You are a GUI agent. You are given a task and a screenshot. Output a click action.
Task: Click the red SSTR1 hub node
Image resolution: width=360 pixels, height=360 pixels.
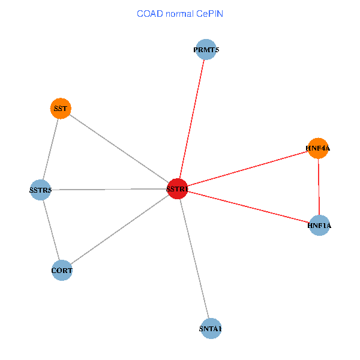click(x=177, y=189)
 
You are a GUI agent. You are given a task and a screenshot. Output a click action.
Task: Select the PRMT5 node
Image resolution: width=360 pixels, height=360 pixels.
click(x=206, y=50)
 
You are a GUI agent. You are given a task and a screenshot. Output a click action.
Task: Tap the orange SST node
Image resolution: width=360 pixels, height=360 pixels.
click(x=61, y=109)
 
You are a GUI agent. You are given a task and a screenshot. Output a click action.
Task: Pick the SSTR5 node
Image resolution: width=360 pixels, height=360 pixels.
click(x=40, y=190)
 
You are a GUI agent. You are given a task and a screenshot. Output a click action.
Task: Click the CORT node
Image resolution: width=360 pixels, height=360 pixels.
click(x=62, y=271)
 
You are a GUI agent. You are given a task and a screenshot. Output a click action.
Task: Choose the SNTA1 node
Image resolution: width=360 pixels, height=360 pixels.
click(x=211, y=328)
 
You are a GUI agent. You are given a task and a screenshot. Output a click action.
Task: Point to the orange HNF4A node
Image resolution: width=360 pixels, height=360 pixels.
click(x=318, y=148)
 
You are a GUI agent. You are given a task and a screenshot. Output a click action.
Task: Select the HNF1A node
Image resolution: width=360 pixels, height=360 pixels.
click(x=319, y=226)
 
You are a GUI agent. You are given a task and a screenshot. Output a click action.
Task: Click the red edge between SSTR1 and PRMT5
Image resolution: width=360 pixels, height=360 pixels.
click(x=191, y=119)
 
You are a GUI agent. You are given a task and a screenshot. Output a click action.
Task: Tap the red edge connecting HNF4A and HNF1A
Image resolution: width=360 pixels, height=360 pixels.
click(x=319, y=187)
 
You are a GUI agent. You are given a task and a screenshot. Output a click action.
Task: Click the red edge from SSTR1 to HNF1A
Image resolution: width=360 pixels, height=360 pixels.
click(x=248, y=207)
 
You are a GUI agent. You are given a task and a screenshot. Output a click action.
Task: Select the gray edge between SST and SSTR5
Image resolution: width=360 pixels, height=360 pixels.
click(x=50, y=149)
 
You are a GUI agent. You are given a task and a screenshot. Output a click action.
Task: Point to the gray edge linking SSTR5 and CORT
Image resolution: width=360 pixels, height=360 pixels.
click(x=51, y=230)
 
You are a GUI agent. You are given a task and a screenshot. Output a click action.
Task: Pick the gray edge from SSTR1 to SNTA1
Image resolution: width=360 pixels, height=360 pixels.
click(x=194, y=259)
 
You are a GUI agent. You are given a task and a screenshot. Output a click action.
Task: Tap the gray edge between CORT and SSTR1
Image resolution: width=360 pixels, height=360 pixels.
click(x=119, y=230)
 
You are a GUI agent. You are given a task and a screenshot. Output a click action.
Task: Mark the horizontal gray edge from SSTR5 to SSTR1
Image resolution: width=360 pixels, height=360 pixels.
click(x=109, y=190)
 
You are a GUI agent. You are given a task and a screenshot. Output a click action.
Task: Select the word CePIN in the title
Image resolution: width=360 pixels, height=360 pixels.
click(x=209, y=13)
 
